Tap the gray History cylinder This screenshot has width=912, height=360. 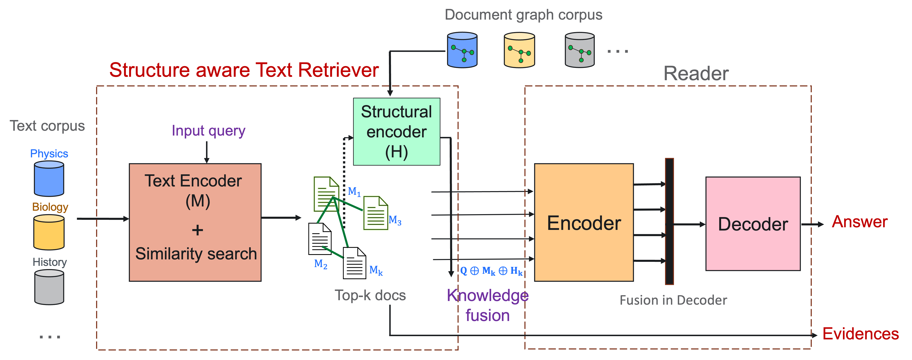click(x=49, y=287)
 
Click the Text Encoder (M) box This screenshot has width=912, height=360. click(x=195, y=222)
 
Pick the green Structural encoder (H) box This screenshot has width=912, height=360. click(x=397, y=132)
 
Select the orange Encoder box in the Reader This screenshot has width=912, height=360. click(x=584, y=222)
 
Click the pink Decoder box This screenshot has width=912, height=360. click(x=753, y=224)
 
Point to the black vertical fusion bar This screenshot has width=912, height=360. click(x=669, y=221)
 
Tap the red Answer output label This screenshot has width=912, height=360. click(x=860, y=222)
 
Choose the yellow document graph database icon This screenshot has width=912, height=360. click(x=519, y=50)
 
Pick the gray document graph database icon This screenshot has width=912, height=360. click(x=580, y=50)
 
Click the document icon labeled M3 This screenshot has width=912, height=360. click(x=376, y=213)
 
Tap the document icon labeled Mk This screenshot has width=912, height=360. click(x=354, y=263)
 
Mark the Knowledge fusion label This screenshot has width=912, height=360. click(x=488, y=305)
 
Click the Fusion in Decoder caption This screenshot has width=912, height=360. click(x=673, y=300)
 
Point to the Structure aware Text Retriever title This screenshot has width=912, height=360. click(x=244, y=70)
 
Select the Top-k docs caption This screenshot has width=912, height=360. click(x=370, y=295)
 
